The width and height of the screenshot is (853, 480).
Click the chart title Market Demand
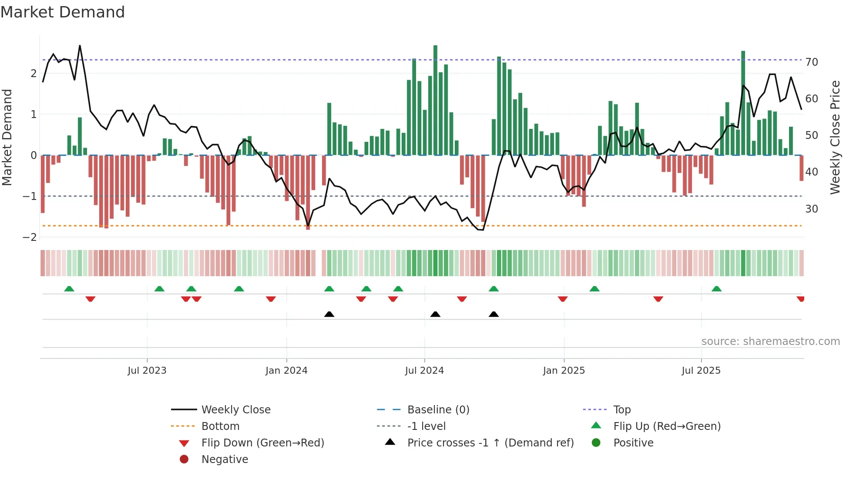(x=63, y=12)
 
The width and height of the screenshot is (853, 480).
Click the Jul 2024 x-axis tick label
(x=424, y=371)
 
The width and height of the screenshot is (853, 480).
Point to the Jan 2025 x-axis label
(x=564, y=371)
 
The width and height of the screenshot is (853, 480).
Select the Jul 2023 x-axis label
(x=147, y=371)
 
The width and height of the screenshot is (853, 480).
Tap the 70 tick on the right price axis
(x=811, y=62)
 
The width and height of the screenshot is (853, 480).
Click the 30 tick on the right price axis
(x=811, y=209)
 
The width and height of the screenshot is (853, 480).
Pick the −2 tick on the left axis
(x=30, y=237)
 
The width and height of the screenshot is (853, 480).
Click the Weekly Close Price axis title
(x=835, y=137)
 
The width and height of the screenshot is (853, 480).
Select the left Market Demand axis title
(x=7, y=137)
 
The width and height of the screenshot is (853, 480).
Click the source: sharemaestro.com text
(x=770, y=341)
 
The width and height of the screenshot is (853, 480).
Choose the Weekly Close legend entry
(x=235, y=410)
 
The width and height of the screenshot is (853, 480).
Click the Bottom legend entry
(x=220, y=426)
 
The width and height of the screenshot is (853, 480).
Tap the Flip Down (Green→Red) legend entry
(x=262, y=443)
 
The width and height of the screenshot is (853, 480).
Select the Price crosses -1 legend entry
(x=490, y=443)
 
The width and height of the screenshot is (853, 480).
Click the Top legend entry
(x=621, y=410)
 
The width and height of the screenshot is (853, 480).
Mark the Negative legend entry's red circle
(x=184, y=460)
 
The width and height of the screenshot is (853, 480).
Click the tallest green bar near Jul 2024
(x=435, y=100)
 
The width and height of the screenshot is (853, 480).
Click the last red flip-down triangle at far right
(x=800, y=299)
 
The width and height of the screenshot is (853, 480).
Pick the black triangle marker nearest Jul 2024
(x=435, y=314)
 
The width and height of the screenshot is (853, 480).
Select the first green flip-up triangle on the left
(x=69, y=289)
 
